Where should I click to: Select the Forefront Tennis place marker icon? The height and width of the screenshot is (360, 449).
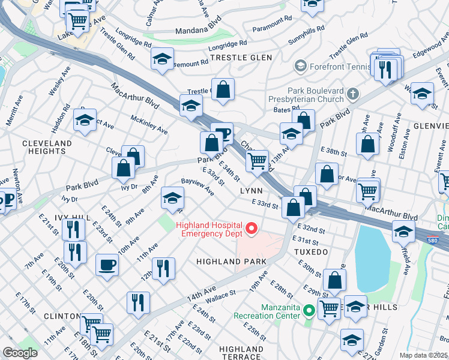tap(301, 65)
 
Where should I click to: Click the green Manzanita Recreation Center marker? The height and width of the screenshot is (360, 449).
tap(309, 310)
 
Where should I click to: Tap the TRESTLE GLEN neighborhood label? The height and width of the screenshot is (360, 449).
tap(241, 57)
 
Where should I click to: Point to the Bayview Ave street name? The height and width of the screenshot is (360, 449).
tap(198, 186)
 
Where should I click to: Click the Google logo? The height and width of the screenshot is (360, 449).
tap(20, 353)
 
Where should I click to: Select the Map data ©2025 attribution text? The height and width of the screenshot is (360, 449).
tap(423, 355)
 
